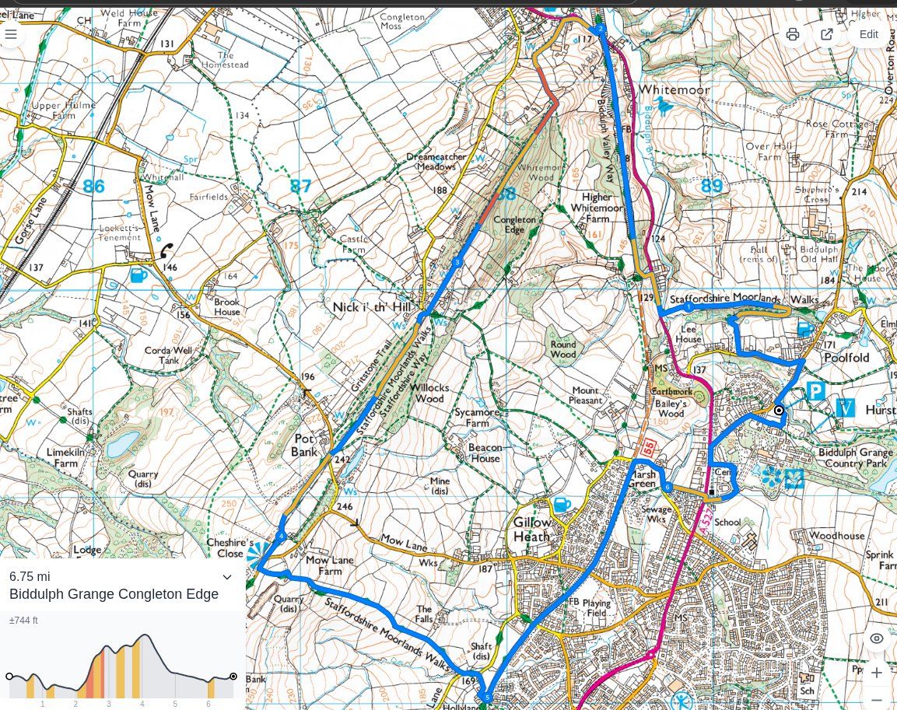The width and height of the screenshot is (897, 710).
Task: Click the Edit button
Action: point(868,34)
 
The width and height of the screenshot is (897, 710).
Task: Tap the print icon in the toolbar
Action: point(792,34)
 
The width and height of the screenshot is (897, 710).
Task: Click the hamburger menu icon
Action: point(11,34)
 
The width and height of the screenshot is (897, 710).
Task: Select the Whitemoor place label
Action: point(674,90)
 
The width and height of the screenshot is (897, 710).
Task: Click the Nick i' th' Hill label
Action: point(371,307)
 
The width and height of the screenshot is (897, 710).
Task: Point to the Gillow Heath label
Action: point(531,529)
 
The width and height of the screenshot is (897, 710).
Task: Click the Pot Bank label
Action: point(305,445)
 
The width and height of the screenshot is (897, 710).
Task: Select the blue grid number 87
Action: point(300,186)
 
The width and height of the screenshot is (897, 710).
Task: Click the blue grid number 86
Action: point(93,186)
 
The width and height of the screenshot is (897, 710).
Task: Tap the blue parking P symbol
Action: point(815,390)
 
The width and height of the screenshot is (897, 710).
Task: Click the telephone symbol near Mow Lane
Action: point(166,250)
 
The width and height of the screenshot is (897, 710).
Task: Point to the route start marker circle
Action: point(778,410)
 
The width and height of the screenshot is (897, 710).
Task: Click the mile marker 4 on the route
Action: point(282,535)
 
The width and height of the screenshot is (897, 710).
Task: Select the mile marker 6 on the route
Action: point(667,487)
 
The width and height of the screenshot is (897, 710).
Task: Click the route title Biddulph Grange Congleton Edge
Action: point(114,594)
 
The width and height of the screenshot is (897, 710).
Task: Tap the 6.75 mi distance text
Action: point(30,576)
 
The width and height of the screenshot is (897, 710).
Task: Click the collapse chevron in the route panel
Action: point(227,577)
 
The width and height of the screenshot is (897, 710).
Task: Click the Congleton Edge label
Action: point(514,225)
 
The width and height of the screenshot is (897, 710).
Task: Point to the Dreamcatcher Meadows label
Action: point(436,161)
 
